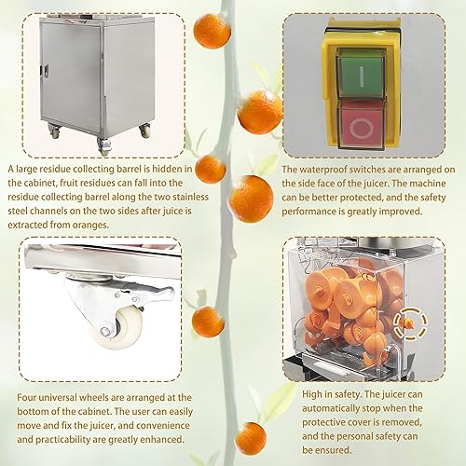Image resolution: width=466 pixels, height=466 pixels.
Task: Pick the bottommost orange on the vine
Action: (251, 436)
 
